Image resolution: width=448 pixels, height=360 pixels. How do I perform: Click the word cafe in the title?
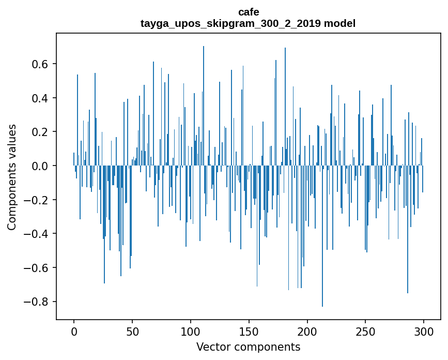coord(249,12)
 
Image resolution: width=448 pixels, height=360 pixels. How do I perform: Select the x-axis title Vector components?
coord(248,347)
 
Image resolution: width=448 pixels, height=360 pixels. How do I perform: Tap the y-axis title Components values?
coord(12,177)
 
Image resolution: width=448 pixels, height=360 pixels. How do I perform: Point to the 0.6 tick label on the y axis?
coord(40,64)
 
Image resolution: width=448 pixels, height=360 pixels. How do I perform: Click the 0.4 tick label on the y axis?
coord(40,98)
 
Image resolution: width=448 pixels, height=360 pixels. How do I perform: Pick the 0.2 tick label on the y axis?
coord(40,132)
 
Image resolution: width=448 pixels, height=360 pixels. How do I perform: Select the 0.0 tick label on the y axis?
coord(40,166)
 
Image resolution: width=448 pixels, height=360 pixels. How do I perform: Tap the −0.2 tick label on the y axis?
coord(37,200)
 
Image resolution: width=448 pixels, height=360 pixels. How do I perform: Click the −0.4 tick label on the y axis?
coord(37,234)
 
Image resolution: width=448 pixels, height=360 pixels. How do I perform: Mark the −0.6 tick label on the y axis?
coord(37,268)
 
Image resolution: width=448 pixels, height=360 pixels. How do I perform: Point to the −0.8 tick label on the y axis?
coord(37,302)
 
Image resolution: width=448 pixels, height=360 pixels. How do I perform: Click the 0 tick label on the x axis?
coord(74,331)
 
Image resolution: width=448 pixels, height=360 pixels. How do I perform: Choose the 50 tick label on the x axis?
coord(132,331)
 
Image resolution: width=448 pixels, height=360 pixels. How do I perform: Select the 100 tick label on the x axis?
coord(191,331)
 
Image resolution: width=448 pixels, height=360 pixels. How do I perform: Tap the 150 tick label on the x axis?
coord(249,331)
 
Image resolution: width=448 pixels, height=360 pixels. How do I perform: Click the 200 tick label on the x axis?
coord(307,331)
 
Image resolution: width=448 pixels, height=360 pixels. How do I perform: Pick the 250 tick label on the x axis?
coord(366,331)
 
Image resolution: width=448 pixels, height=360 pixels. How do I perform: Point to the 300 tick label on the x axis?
coord(424,331)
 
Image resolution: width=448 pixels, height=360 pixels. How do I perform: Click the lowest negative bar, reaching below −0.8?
coord(322,259)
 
